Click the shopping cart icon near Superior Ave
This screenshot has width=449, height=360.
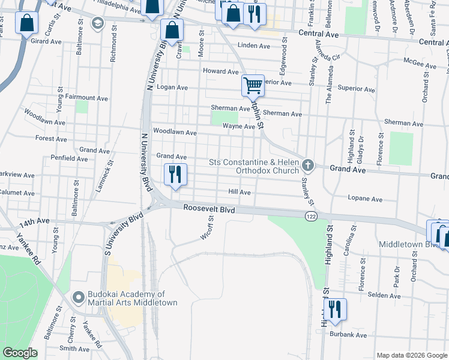(253, 85)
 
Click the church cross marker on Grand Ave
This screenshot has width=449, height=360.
(308, 164)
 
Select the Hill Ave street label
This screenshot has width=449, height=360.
(239, 192)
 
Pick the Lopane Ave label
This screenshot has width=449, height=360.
(366, 199)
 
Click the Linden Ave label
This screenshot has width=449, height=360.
(254, 46)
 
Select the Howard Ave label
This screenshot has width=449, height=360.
(221, 71)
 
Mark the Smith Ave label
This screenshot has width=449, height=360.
(74, 348)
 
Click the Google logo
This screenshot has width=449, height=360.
(20, 353)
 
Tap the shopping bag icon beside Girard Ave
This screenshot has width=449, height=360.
(28, 25)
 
